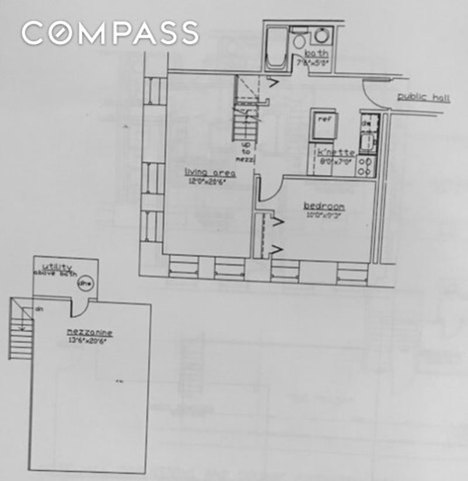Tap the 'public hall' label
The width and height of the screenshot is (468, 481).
[424, 98]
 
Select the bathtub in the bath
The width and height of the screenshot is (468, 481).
[276, 49]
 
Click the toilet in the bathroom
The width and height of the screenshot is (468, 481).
[299, 39]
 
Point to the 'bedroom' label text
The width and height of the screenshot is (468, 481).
[324, 207]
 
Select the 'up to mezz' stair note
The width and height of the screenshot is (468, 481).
[244, 149]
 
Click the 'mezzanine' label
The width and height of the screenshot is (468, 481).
[90, 333]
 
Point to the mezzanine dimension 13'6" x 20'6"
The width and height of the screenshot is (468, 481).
[90, 341]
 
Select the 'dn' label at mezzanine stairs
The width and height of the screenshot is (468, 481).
[39, 308]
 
